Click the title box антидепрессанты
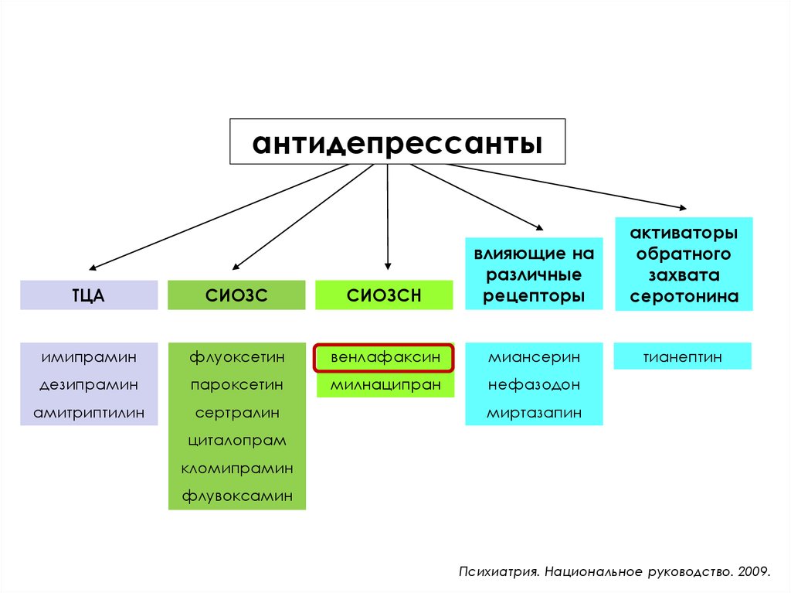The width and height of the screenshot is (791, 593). [x=397, y=142]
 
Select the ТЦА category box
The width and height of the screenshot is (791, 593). [x=88, y=295]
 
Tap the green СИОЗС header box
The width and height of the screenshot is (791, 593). [x=236, y=295]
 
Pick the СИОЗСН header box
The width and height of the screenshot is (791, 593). [x=383, y=295]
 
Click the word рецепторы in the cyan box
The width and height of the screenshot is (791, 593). [x=534, y=295]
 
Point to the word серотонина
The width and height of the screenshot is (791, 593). [x=684, y=296]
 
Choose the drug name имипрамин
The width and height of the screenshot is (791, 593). [x=89, y=357]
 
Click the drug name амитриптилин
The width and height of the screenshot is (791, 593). [x=89, y=413]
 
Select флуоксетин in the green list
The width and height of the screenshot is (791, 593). [x=236, y=357]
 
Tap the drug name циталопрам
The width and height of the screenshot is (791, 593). [x=236, y=441]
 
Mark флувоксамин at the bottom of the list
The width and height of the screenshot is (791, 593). [x=236, y=496]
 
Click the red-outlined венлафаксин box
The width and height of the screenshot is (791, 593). [x=383, y=358]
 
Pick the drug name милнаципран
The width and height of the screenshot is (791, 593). [x=383, y=385]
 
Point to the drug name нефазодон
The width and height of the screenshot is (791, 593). [x=534, y=385]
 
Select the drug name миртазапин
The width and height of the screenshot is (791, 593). [x=534, y=413]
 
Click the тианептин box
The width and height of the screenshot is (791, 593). [x=683, y=357]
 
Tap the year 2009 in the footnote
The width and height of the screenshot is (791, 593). [x=753, y=573]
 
